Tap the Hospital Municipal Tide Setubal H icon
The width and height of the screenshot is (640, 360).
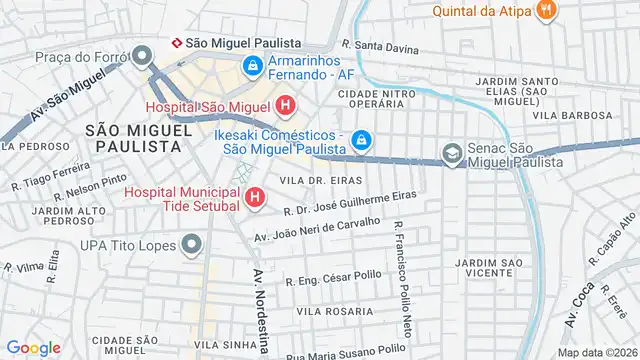254,198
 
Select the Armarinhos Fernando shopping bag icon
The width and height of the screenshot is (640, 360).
254,67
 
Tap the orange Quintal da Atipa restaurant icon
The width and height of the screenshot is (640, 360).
545,11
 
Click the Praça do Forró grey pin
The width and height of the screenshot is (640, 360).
144,56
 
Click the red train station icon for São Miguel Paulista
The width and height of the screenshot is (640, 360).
177,43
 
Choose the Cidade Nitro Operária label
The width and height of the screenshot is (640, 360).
377,99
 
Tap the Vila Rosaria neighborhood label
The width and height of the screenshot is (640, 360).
333,311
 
